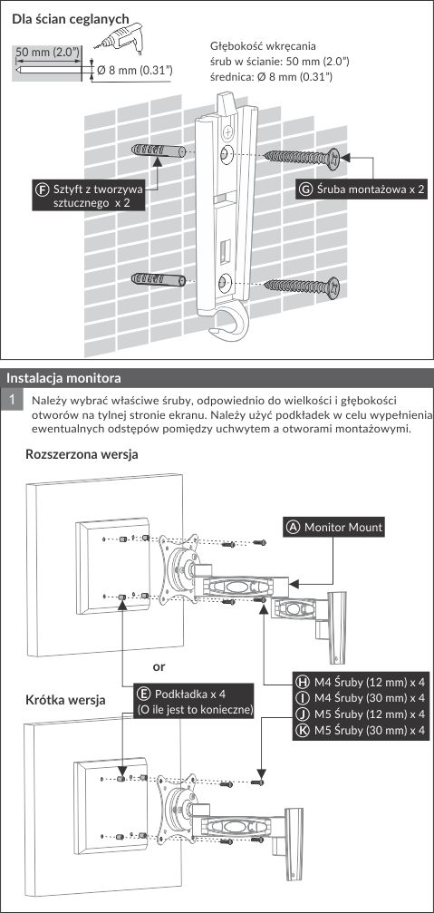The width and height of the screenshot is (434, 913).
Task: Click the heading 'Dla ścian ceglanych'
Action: tap(71, 19)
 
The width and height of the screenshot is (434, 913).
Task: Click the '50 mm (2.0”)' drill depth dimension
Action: tap(48, 52)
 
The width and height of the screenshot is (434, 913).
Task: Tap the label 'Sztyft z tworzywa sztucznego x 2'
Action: tap(90, 196)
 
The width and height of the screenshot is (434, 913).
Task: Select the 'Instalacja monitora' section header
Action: tap(64, 378)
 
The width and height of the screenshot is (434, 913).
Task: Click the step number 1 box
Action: tap(12, 401)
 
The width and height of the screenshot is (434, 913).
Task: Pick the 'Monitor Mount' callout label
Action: tap(334, 528)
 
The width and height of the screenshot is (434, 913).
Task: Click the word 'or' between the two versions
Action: tap(159, 665)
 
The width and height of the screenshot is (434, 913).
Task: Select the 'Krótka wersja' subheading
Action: tap(65, 700)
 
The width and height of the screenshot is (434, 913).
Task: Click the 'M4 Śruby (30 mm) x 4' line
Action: tap(361, 697)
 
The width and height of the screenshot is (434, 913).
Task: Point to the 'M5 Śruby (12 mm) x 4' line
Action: tap(361, 714)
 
